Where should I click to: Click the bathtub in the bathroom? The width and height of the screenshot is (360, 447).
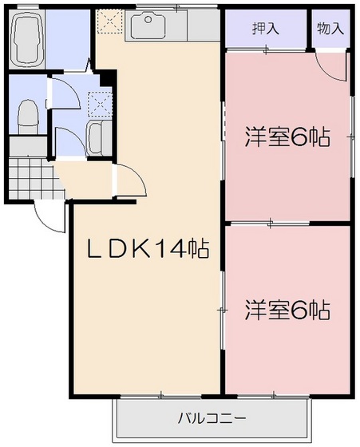click(x=29, y=41)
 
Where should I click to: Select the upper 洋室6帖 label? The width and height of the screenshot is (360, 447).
click(x=287, y=138)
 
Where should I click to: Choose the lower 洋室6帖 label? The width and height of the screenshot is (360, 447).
click(x=287, y=310)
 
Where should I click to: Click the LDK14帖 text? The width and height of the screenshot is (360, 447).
click(x=148, y=251)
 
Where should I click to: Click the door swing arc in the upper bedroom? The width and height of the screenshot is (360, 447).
click(x=331, y=68)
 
